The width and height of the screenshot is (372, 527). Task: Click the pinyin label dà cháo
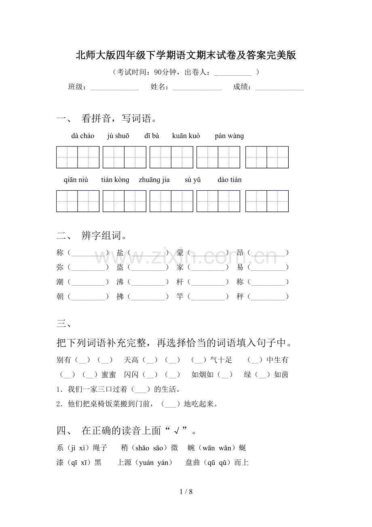pyautogui.click(x=82, y=136)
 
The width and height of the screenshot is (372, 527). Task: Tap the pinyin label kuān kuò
pyautogui.click(x=186, y=136)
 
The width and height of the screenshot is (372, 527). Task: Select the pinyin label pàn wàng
pyautogui.click(x=229, y=136)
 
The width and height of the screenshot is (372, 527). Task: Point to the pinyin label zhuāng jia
pyautogui.click(x=154, y=180)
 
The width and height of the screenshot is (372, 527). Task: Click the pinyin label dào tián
pyautogui.click(x=229, y=180)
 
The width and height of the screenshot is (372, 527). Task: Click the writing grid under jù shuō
pyautogui.click(x=124, y=157)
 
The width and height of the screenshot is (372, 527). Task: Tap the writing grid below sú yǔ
pyautogui.click(x=218, y=201)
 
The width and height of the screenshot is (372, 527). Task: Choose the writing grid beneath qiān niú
pyautogui.click(x=78, y=201)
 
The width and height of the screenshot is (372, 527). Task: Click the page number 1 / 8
pyautogui.click(x=186, y=492)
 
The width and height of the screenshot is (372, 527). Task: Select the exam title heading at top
pyautogui.click(x=186, y=55)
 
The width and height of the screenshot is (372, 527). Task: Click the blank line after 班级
pyautogui.click(x=114, y=88)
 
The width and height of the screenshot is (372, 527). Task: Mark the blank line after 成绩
pyautogui.click(x=279, y=88)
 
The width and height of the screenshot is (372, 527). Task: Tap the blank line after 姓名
pyautogui.click(x=197, y=88)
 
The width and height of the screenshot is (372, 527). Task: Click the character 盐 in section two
pyautogui.click(x=120, y=253)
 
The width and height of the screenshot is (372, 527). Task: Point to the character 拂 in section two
pyautogui.click(x=120, y=297)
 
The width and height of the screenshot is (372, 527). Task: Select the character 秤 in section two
pyautogui.click(x=240, y=297)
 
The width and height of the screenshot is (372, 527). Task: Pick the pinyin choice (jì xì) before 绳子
pyautogui.click(x=79, y=448)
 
